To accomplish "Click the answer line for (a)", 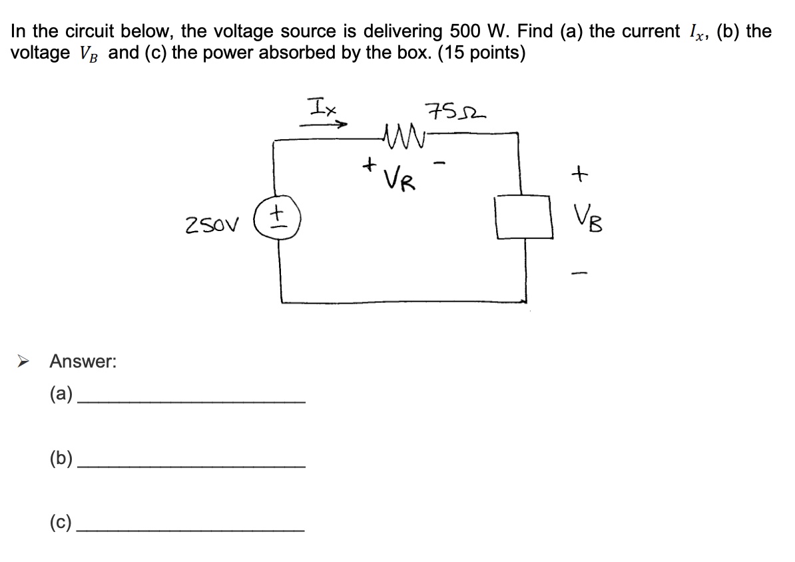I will point(192,401).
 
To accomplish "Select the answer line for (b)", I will point(192,466).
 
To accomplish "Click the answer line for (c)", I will point(192,530).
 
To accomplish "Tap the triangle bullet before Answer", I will point(21,362).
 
